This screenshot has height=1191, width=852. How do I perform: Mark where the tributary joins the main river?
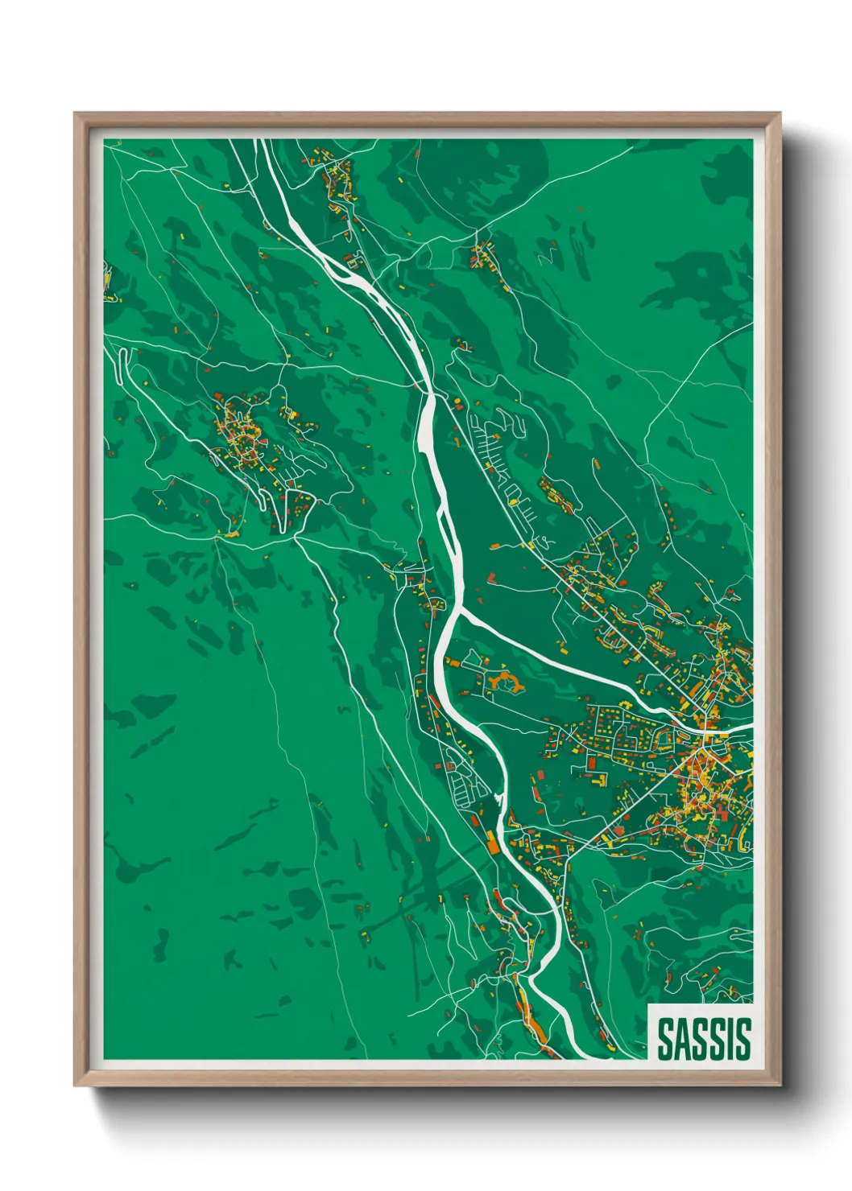pos(457,613)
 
